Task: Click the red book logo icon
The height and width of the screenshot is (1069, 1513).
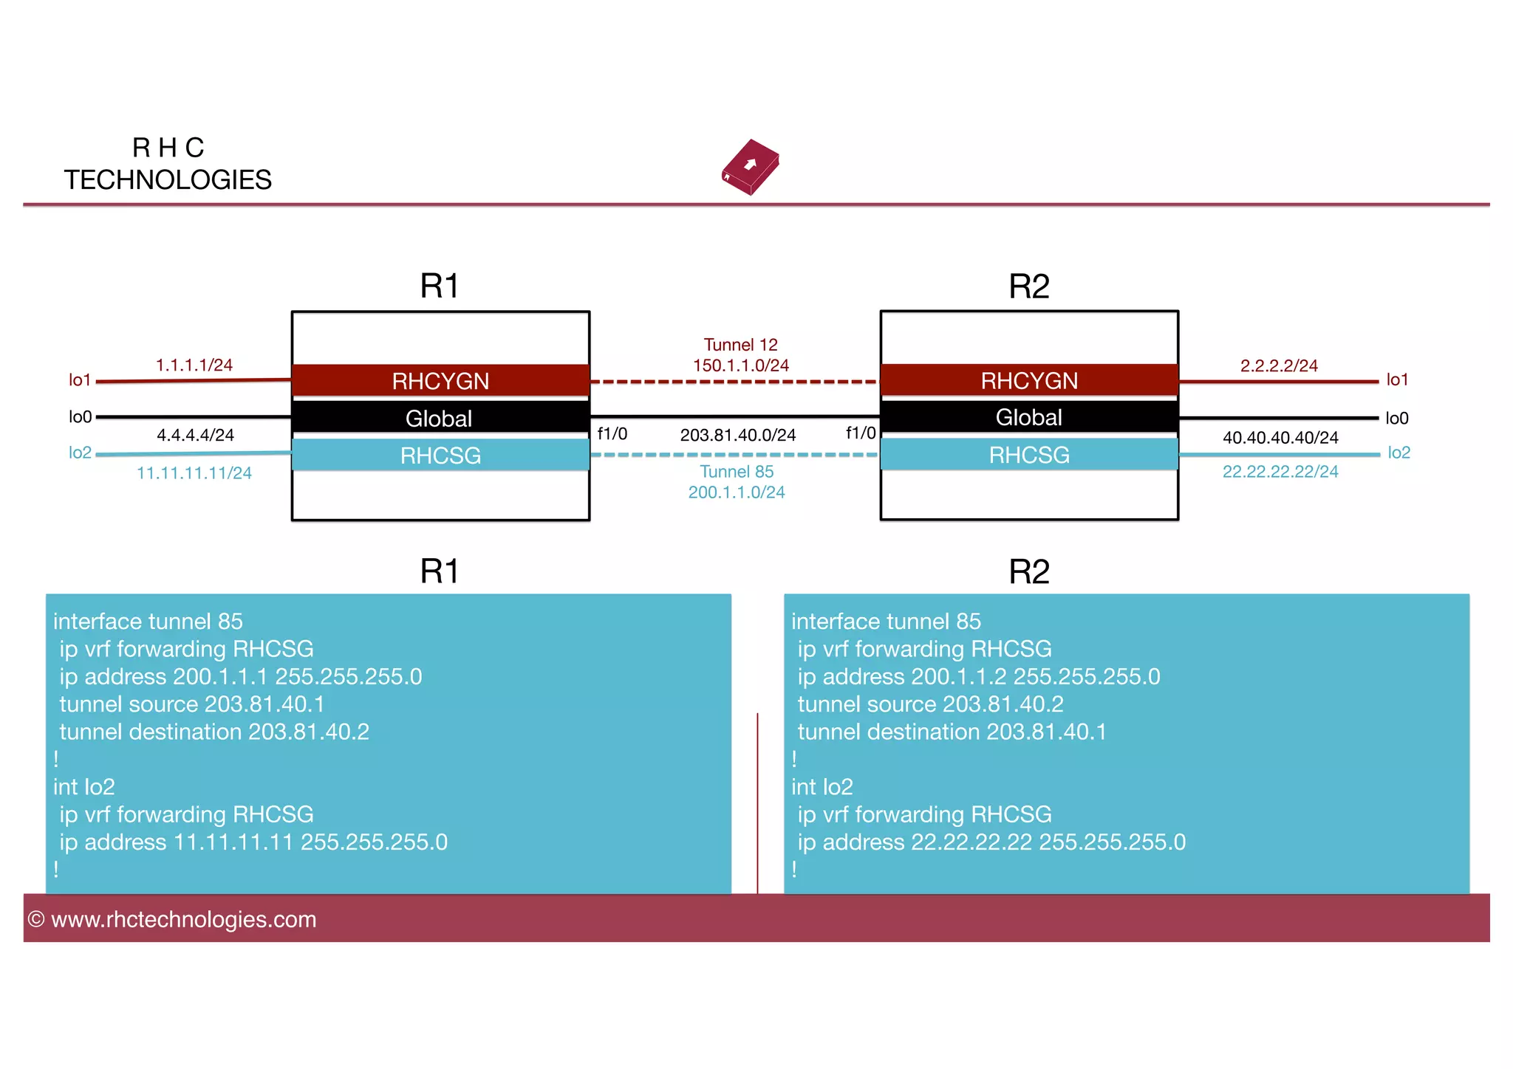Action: pos(750,167)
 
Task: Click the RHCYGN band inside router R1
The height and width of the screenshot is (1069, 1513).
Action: pos(440,381)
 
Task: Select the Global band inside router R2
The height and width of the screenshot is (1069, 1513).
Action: pos(1028,417)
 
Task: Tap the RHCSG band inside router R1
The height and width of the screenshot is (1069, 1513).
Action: pos(440,456)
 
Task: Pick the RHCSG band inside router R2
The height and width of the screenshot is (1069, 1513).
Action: pos(1028,455)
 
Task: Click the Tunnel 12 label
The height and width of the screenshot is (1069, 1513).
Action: pos(740,345)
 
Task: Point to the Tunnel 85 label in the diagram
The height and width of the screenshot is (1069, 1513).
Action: pos(737,472)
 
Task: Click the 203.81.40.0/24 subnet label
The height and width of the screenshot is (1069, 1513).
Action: pos(737,435)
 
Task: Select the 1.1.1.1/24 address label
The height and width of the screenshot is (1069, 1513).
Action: pos(194,365)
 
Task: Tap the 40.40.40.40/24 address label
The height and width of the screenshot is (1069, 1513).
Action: pos(1280,438)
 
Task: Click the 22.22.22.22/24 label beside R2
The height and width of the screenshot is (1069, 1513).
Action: pos(1280,472)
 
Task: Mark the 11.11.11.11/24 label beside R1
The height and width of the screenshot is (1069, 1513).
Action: pos(194,473)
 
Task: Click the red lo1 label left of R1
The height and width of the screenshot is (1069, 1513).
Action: pos(80,380)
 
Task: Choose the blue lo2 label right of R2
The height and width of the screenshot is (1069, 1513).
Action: pos(1399,453)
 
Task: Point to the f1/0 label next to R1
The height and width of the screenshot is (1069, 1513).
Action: pos(612,434)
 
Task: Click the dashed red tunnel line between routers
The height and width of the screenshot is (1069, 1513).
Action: pos(734,382)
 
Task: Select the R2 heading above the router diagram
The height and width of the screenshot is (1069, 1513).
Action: pos(1028,286)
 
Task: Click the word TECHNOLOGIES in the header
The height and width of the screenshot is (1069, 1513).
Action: pos(168,180)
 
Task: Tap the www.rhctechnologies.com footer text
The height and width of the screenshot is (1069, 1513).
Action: pos(183,919)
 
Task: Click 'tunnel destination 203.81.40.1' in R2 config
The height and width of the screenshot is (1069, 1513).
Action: pos(952,732)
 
